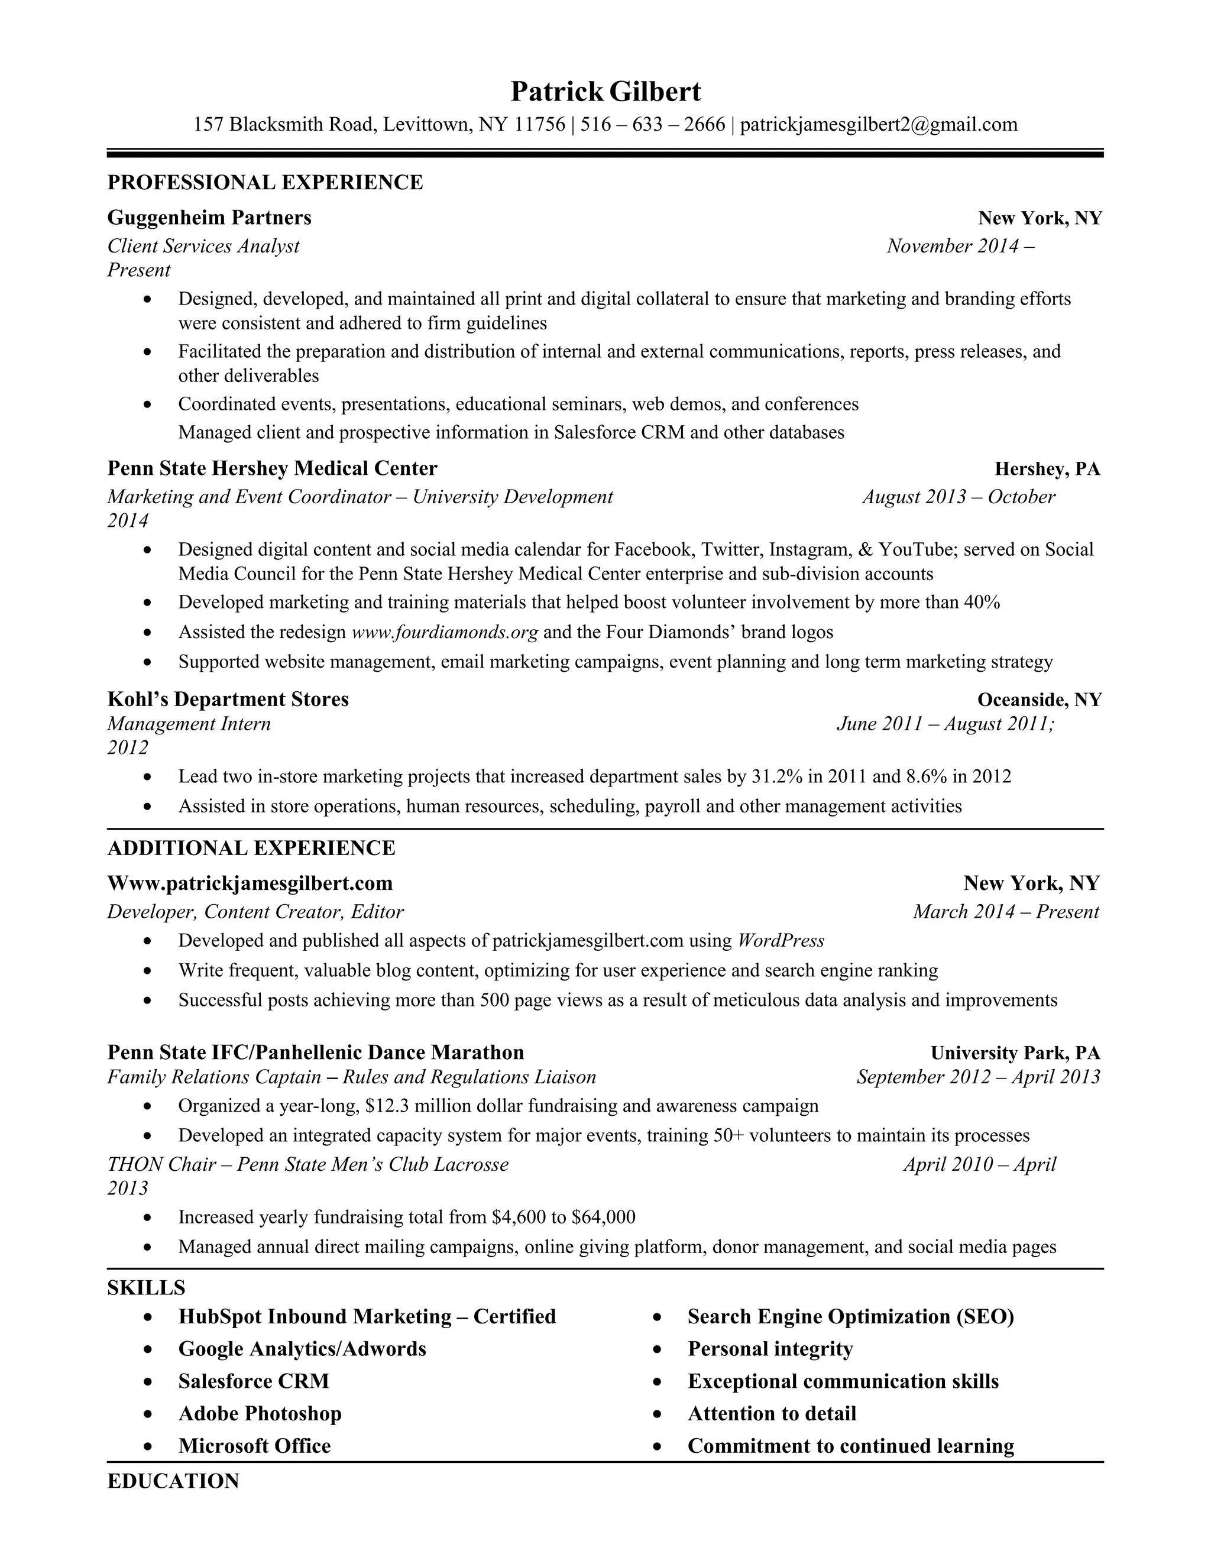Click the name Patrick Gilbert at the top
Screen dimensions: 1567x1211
pyautogui.click(x=605, y=92)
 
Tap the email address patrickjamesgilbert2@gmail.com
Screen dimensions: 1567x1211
pyautogui.click(x=878, y=125)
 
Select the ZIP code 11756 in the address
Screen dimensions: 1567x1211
pyautogui.click(x=539, y=125)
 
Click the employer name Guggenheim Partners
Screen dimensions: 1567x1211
pyautogui.click(x=209, y=218)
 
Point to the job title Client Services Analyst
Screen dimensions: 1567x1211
pyautogui.click(x=203, y=246)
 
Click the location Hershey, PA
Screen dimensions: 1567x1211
pyautogui.click(x=1047, y=470)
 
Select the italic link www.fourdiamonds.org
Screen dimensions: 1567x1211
pyautogui.click(x=444, y=632)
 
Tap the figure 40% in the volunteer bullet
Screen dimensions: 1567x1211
pyautogui.click(x=982, y=602)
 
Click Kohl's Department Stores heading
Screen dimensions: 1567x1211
pyautogui.click(x=228, y=700)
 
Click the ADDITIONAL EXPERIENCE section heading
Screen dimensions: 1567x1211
pyautogui.click(x=251, y=848)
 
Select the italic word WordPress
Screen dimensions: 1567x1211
pyautogui.click(x=781, y=941)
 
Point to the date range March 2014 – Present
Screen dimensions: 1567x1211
pyautogui.click(x=1006, y=912)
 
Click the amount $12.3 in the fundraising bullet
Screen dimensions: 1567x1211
pyautogui.click(x=387, y=1106)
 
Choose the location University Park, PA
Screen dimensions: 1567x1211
pyautogui.click(x=1015, y=1053)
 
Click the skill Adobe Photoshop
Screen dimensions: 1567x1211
pyautogui.click(x=260, y=1413)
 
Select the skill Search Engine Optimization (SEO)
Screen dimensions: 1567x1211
pyautogui.click(x=850, y=1317)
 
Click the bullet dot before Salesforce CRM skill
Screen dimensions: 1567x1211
pyautogui.click(x=148, y=1382)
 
